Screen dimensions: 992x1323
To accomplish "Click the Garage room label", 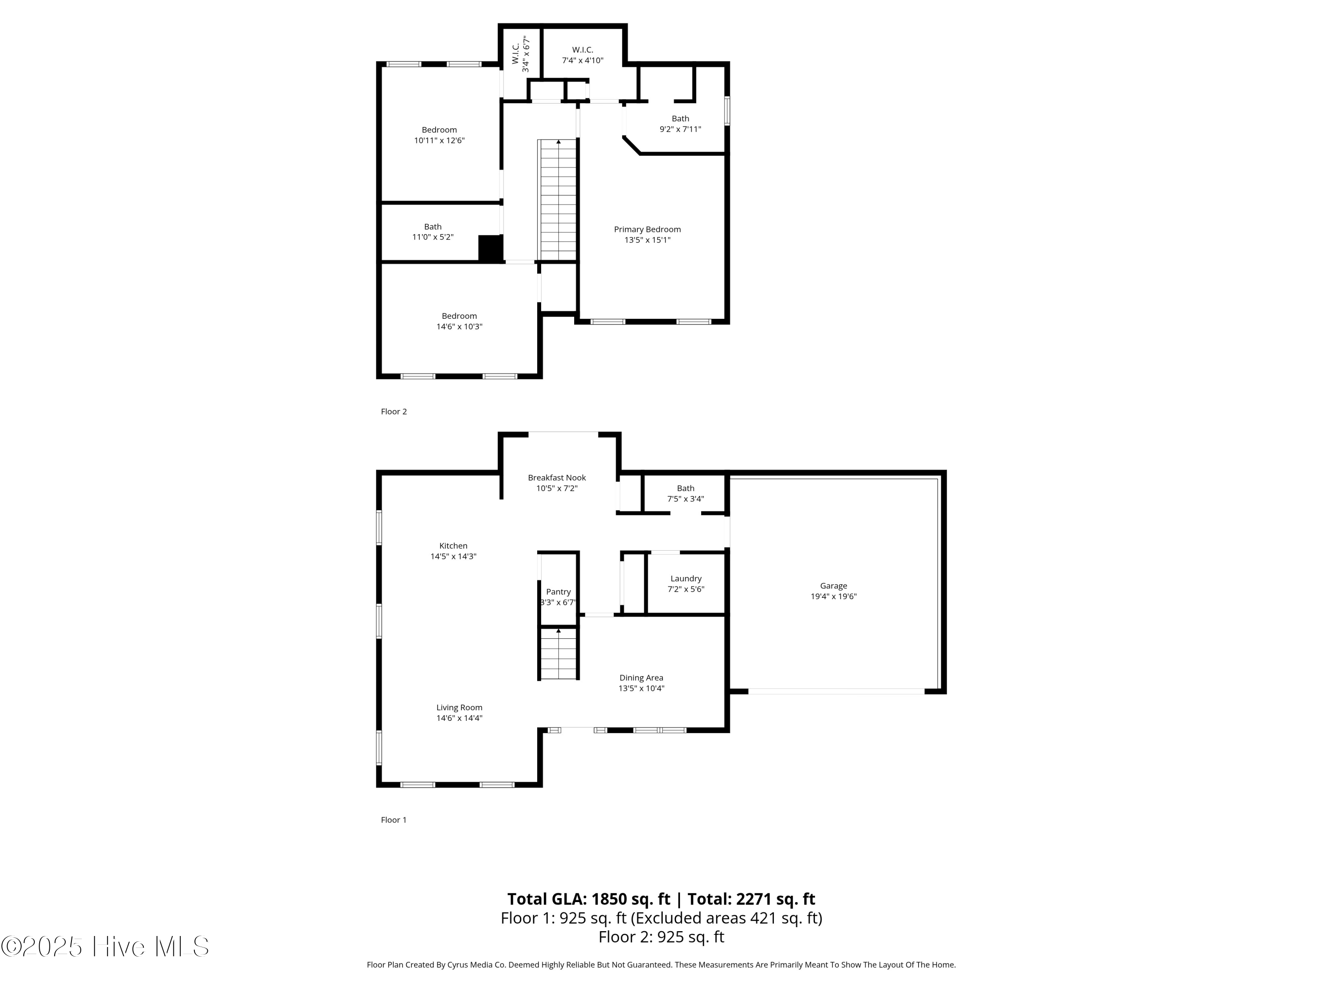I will [x=833, y=586].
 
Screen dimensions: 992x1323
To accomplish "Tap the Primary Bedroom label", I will [x=647, y=230].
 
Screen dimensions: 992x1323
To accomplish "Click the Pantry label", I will [x=558, y=592].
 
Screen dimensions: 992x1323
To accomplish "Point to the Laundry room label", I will [x=685, y=579].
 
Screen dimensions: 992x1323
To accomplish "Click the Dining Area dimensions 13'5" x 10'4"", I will [x=641, y=688].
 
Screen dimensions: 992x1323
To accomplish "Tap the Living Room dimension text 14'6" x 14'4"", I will [x=460, y=718].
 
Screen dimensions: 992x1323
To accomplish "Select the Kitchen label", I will [x=453, y=546].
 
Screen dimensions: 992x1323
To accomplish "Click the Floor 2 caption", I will [x=393, y=411].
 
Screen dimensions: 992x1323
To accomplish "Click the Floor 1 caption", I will [x=393, y=820].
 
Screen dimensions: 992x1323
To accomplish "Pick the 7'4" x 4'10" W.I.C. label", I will [x=583, y=55].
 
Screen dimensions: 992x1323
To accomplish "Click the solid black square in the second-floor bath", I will [x=490, y=248].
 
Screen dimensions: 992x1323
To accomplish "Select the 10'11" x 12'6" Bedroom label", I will [x=439, y=135].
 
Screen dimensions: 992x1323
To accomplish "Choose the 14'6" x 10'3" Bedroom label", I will [x=460, y=321].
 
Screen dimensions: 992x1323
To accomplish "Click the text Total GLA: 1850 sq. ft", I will [x=589, y=899].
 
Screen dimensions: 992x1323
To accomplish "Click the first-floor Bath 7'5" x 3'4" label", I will [x=685, y=493].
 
